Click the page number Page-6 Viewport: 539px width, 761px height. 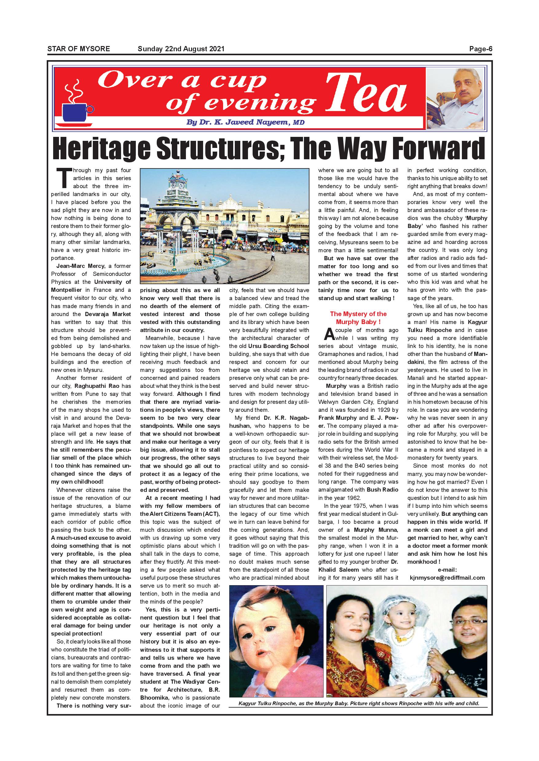pos(480,49)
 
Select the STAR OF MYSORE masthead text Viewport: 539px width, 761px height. pos(79,49)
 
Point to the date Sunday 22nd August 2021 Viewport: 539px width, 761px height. pos(181,49)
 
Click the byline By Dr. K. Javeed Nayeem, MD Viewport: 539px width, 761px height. pos(245,122)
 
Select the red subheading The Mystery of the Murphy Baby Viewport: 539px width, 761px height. pos(358,318)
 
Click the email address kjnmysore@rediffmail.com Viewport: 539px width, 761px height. pos(447,578)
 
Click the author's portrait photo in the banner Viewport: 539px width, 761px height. pos(456,100)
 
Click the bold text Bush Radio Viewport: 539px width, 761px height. pos(382,489)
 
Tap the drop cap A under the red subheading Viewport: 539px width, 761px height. pos(329,334)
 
